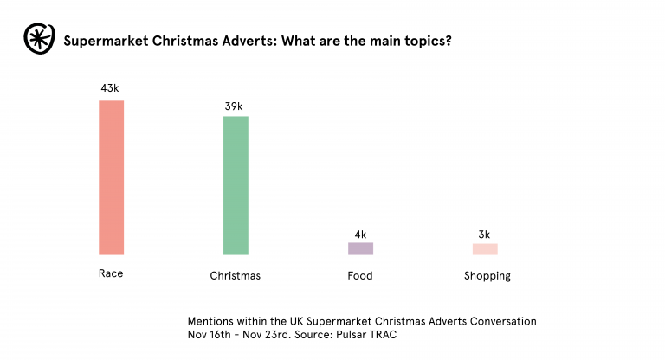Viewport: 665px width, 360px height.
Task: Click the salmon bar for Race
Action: pos(111,177)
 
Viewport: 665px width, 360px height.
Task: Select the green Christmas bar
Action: pos(236,185)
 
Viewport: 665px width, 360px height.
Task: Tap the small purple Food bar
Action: pos(360,248)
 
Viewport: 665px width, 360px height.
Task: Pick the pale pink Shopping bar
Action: pos(485,249)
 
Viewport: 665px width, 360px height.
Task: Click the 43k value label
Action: pos(110,88)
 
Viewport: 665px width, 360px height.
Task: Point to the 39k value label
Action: pos(235,106)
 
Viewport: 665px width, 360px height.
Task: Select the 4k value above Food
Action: pos(360,235)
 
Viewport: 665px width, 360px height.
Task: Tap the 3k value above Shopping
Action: pos(485,235)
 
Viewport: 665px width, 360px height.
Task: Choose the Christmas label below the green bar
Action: pos(236,276)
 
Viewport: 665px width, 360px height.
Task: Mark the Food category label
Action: pos(360,276)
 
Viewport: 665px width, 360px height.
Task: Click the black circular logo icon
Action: pos(36,40)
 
